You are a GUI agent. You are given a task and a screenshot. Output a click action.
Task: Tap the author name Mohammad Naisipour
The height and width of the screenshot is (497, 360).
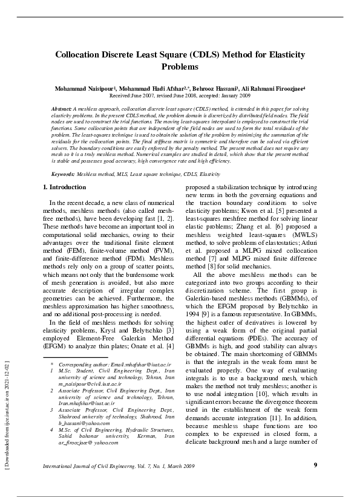(84, 88)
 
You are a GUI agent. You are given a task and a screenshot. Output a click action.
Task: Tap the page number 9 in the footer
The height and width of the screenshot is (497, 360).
(315, 464)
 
